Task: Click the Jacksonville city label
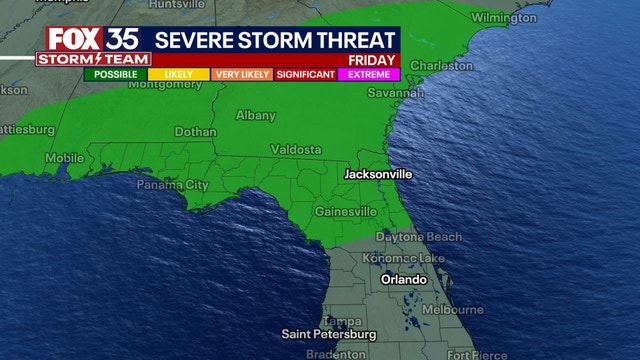(378, 174)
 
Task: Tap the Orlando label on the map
(405, 280)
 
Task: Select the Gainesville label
(345, 211)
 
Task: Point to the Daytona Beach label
(419, 237)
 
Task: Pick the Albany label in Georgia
(255, 116)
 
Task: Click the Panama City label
(172, 185)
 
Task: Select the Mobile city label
(65, 157)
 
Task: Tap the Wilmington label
(503, 18)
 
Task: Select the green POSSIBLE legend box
(116, 73)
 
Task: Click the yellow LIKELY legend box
(178, 73)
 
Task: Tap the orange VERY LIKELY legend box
(240, 73)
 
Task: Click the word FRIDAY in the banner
(375, 58)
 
